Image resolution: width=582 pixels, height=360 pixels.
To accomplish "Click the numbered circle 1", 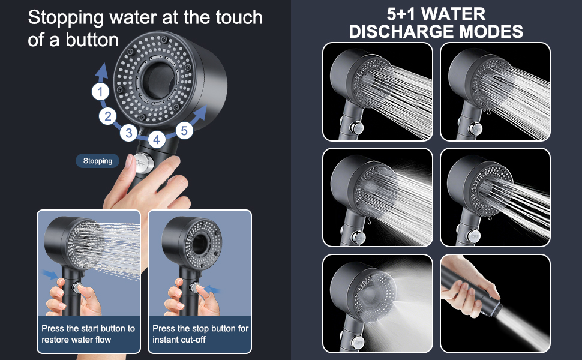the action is click(x=100, y=92).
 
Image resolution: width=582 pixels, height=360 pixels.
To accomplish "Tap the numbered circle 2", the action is click(x=107, y=116).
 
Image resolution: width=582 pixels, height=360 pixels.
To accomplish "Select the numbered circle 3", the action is click(x=129, y=133).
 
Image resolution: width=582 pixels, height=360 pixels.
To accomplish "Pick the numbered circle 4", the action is click(x=157, y=140).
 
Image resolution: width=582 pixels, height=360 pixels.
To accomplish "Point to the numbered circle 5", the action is click(x=184, y=130).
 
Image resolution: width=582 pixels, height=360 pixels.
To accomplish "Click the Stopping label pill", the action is click(x=98, y=161).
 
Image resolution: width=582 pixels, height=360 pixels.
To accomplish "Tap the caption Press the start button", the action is click(x=88, y=334).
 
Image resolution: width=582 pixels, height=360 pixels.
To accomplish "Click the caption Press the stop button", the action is click(x=200, y=334).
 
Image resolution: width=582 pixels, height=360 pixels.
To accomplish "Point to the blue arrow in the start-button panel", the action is click(x=50, y=274).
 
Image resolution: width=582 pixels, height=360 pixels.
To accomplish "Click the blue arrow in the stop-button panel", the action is click(x=212, y=289).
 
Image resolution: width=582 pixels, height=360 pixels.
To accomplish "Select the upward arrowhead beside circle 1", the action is click(x=101, y=71).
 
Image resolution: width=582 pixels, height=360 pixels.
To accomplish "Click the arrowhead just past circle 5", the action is click(x=200, y=112).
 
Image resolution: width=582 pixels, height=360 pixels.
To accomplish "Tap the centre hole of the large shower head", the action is click(x=159, y=81).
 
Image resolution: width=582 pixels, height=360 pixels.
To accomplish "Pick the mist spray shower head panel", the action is click(x=377, y=303).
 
